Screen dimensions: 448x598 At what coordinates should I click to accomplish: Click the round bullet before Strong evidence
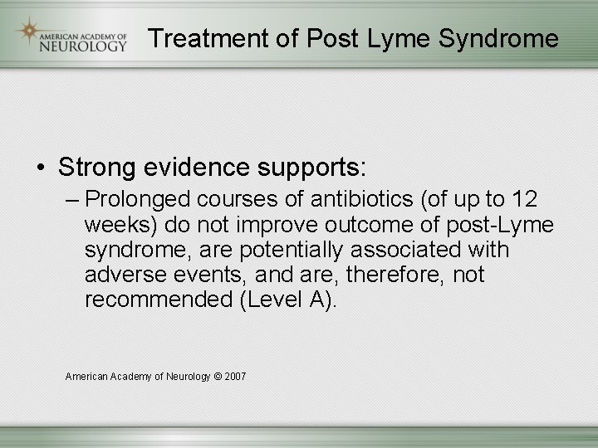42,168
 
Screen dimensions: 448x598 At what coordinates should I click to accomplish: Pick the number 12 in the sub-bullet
523,200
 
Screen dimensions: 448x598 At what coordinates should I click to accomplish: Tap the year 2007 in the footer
235,377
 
